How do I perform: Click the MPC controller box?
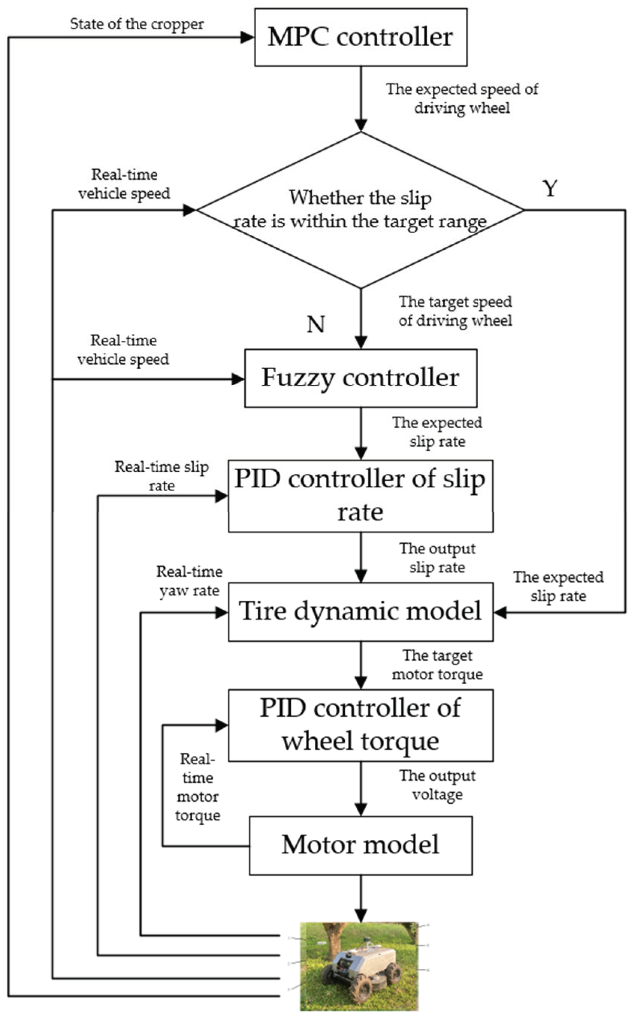pos(361,37)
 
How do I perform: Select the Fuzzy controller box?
pos(361,378)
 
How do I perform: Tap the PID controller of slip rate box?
pos(361,496)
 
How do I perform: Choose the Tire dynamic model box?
pos(361,611)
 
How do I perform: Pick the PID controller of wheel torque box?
pos(361,725)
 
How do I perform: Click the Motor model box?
pos(361,845)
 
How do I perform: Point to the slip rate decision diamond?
pos(361,210)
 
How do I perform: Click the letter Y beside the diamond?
pos(550,188)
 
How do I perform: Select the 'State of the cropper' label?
pos(137,24)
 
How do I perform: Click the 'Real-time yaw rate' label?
pos(190,581)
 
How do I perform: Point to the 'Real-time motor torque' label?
pos(197,787)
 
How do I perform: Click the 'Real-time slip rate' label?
pos(162,476)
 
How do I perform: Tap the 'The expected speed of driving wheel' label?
pos(462,99)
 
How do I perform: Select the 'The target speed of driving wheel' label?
pos(455,312)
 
